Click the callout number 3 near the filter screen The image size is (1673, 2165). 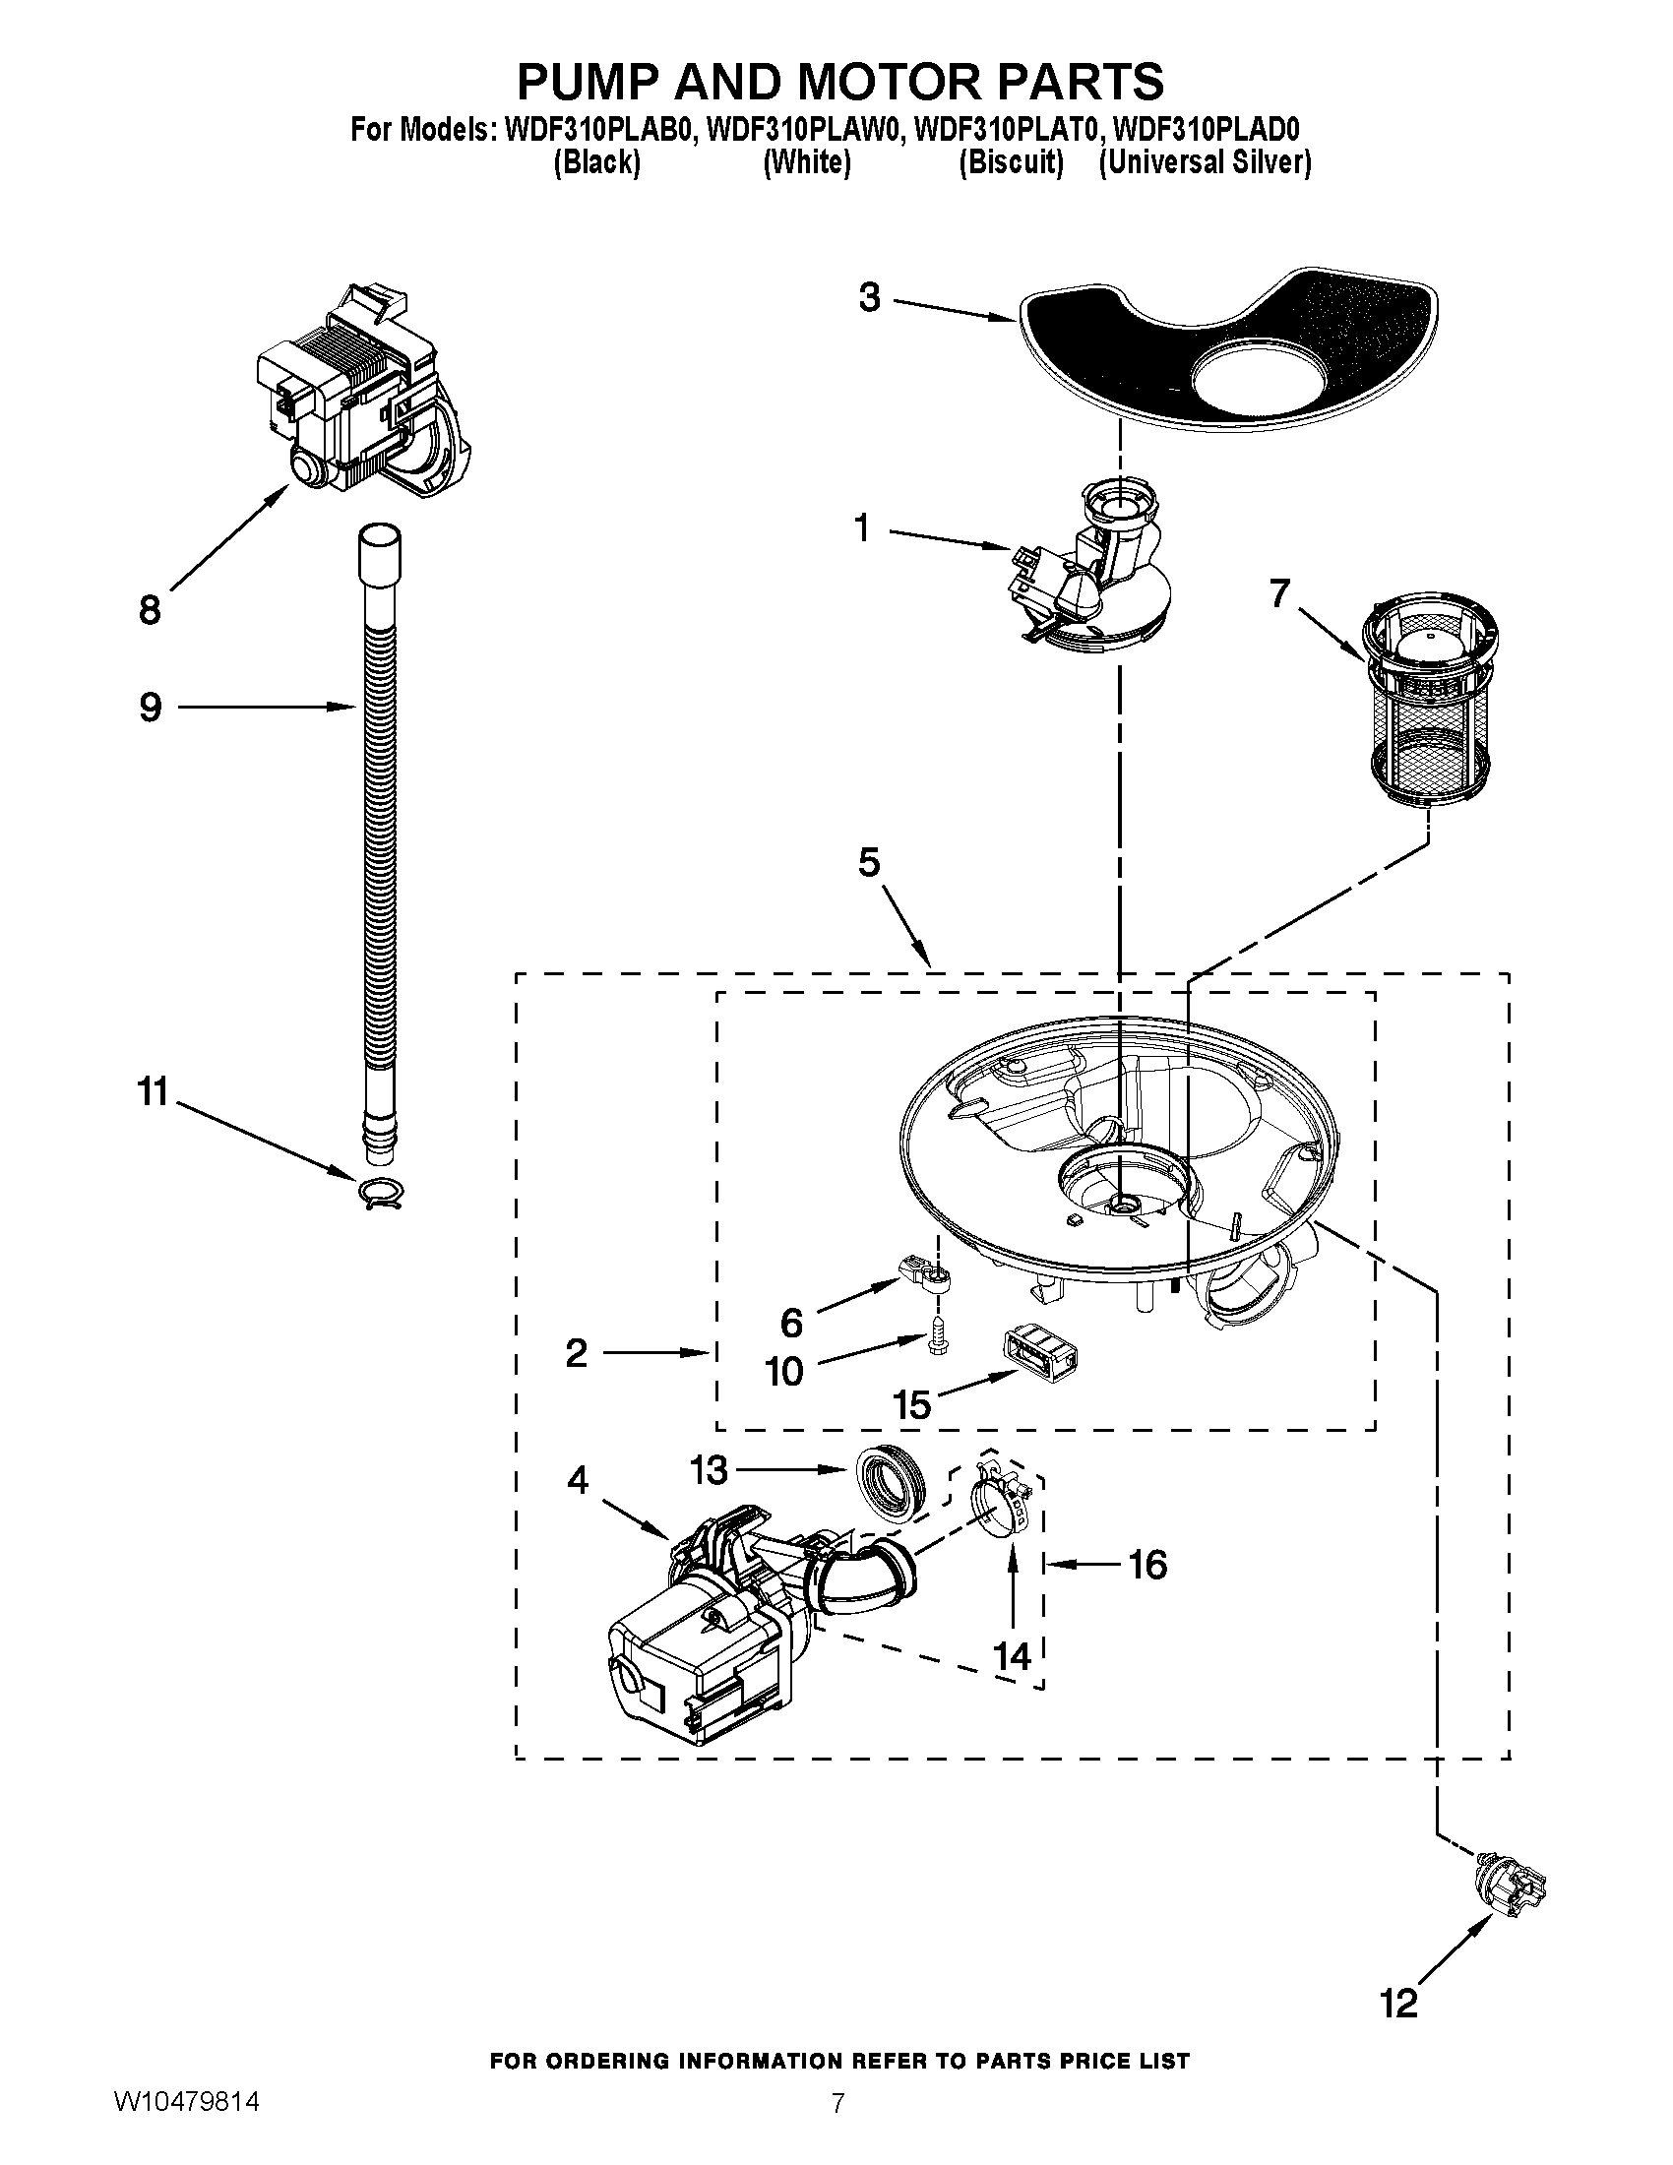(869, 297)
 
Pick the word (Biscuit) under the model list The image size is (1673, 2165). (1010, 162)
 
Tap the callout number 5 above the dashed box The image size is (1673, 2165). (868, 862)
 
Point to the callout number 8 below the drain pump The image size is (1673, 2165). (150, 608)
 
